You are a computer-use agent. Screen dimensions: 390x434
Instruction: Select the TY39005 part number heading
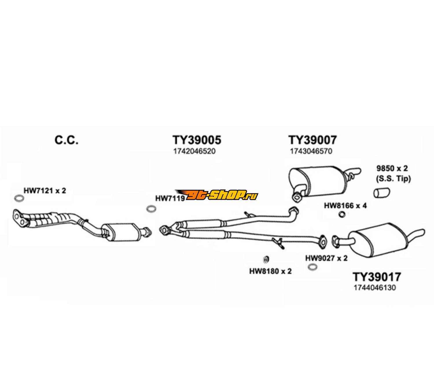197,140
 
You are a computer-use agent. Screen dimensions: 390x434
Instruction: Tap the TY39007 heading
312,140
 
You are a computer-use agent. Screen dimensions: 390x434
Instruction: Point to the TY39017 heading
377,277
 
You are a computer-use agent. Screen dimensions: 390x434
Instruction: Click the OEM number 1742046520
194,151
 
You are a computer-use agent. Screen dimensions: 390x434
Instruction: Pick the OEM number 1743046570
311,151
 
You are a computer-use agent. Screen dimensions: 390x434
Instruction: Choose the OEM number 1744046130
374,288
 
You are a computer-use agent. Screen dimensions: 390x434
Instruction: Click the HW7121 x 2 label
45,191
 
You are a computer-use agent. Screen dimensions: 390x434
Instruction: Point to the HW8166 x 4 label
345,206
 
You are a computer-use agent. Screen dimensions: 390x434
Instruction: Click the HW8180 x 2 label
270,271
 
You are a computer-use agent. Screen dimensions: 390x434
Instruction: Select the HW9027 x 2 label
326,258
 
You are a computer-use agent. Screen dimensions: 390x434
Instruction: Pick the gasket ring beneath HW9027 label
312,267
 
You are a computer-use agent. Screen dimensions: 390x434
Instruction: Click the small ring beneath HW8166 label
342,214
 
